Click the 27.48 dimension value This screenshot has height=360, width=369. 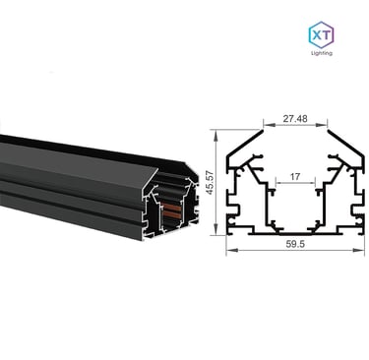295,118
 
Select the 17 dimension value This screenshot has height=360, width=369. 295,177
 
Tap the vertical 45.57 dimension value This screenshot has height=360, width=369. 210,182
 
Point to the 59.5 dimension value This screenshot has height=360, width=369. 295,244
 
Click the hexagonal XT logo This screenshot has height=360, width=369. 322,34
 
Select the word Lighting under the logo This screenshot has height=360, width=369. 322,53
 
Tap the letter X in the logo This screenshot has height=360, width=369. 316,34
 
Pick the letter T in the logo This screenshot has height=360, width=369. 327,34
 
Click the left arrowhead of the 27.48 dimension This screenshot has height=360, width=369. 267,125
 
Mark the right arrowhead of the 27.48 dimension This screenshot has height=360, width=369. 324,125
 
